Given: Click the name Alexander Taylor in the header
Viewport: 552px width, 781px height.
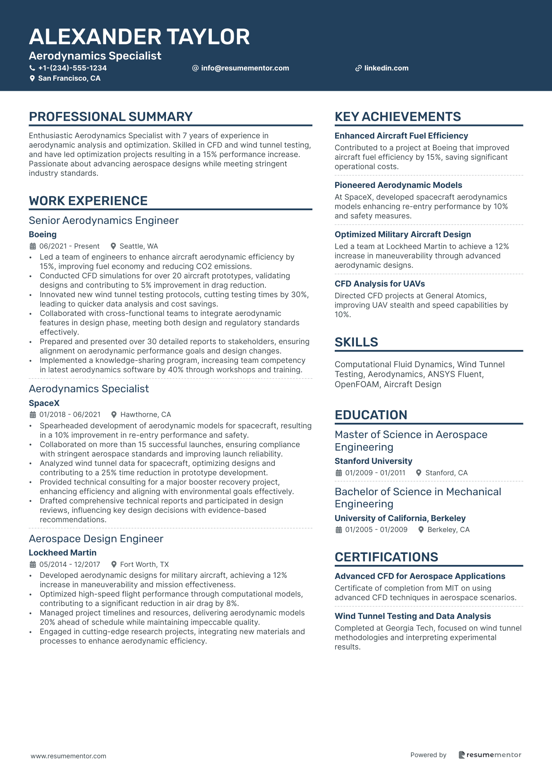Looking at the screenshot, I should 139,37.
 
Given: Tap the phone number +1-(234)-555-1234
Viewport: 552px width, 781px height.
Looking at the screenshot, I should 72,68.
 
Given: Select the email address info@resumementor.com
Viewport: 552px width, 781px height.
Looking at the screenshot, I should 245,68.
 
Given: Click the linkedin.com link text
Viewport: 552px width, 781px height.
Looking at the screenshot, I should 386,68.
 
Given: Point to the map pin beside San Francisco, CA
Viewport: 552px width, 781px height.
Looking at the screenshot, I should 32,78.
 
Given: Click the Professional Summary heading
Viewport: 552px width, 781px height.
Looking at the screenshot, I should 111,117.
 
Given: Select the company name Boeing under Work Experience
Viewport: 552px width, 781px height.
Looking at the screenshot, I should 43,234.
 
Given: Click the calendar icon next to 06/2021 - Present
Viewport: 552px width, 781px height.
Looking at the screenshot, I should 33,246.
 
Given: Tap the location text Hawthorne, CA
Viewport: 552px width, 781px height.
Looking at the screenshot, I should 146,415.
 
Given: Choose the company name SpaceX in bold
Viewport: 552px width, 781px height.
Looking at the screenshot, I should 44,403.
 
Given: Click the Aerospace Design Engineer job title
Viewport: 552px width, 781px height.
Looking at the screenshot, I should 96,539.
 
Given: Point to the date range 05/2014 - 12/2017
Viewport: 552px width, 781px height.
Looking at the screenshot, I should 70,565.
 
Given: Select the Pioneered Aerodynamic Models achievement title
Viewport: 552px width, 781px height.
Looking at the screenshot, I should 398,185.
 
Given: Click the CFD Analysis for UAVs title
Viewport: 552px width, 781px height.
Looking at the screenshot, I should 379,284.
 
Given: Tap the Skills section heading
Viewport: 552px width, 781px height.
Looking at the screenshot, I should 356,342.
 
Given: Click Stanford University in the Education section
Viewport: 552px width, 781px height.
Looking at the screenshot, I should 373,461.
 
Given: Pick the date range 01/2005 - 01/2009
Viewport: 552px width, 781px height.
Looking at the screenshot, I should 376,530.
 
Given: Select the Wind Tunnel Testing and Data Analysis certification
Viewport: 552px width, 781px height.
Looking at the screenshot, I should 413,616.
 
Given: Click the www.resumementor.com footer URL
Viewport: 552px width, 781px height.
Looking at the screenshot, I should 69,756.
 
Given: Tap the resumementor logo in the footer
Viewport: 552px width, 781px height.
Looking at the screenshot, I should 490,755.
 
